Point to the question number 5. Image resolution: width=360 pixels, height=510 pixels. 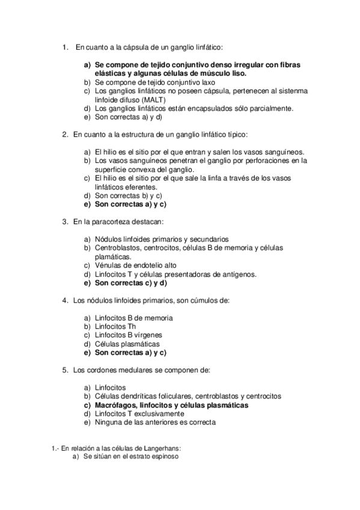tap(65, 370)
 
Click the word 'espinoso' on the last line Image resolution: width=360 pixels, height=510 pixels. tap(165, 456)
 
